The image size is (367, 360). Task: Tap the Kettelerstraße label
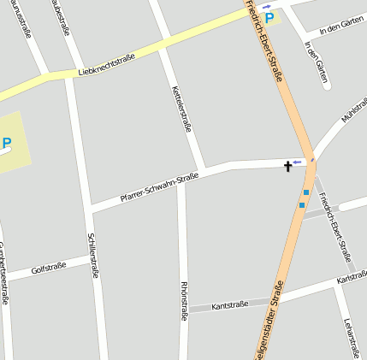[x=182, y=109]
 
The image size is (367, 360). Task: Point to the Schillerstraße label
[x=92, y=255]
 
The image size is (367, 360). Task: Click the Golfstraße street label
[x=48, y=269]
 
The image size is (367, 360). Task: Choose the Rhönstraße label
[x=183, y=299]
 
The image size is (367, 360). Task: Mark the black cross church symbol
[x=287, y=166]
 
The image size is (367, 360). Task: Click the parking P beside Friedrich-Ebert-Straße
[x=270, y=17]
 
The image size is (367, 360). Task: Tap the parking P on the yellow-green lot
[x=7, y=144]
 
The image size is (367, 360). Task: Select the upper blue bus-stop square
[x=306, y=192]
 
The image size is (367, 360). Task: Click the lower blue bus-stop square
[x=301, y=204]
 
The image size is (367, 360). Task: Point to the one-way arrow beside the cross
[x=298, y=162]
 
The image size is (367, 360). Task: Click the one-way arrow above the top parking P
[x=266, y=6]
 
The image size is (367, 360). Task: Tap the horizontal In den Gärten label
[x=334, y=29]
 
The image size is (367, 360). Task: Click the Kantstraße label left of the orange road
[x=229, y=304]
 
